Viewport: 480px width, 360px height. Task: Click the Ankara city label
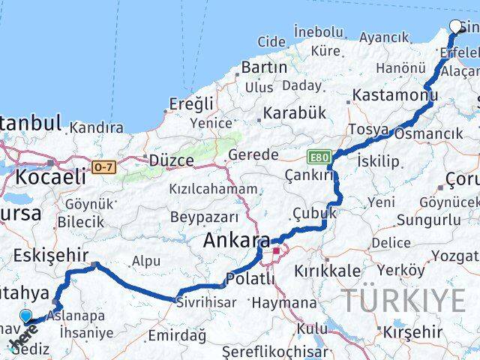(236, 241)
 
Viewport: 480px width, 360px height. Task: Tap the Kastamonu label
(395, 95)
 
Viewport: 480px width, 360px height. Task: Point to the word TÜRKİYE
(405, 300)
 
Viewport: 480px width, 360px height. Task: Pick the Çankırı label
(307, 174)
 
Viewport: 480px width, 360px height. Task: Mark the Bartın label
(264, 67)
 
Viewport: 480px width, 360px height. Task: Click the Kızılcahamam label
(213, 189)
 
